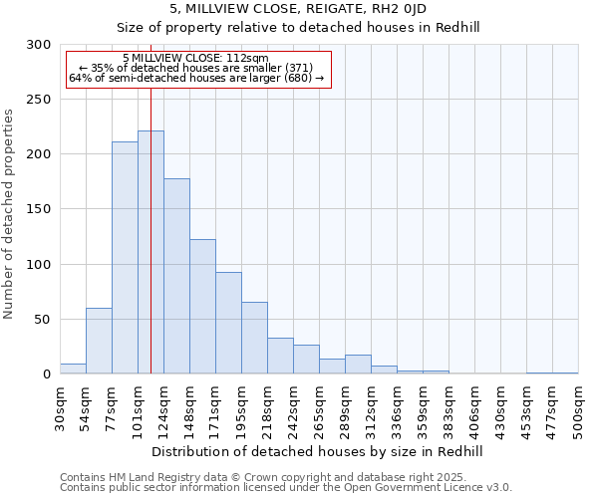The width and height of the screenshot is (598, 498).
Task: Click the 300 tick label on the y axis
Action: tap(39, 45)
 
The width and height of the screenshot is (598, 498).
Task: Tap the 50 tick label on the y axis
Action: tap(43, 320)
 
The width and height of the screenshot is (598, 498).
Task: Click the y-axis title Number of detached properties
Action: tap(9, 214)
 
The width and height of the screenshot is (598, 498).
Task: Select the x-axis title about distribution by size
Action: tap(319, 451)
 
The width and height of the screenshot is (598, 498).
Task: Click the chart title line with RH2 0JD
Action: tap(298, 8)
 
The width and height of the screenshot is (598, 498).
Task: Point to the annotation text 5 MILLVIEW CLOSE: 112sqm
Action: tap(195, 58)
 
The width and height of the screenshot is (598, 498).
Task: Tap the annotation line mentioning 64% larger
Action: tap(196, 78)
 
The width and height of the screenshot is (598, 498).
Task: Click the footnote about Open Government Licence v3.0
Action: tap(286, 488)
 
